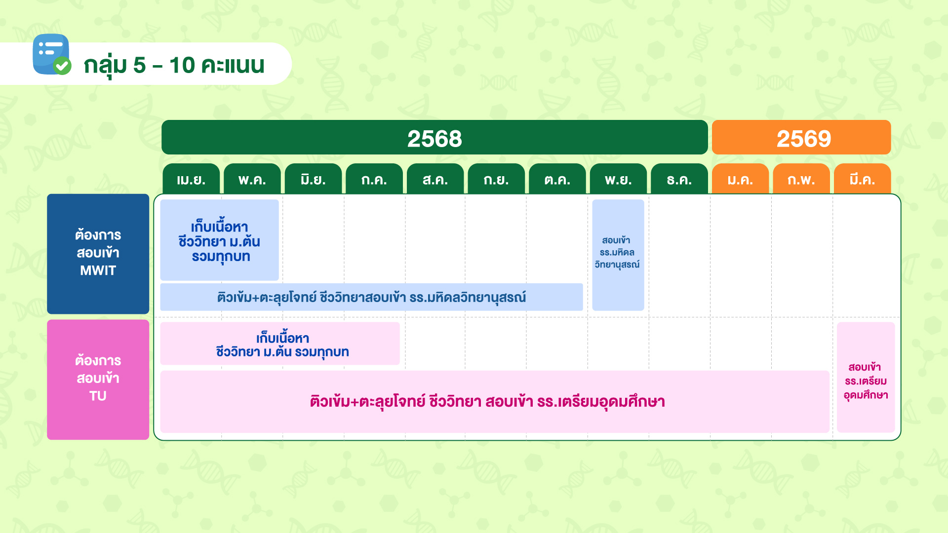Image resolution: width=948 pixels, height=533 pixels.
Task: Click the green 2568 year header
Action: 434,137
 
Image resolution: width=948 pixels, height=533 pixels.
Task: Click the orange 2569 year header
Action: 801,137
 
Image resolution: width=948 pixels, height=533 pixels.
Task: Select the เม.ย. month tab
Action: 191,179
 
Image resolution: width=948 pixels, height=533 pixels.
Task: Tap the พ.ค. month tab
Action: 252,179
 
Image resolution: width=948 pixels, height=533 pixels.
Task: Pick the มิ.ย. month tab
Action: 313,179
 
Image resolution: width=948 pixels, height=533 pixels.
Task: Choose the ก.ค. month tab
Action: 374,179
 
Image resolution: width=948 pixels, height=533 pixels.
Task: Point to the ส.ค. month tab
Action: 435,179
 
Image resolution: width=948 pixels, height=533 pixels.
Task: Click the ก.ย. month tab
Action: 496,179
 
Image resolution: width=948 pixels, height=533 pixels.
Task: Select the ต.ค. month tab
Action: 557,179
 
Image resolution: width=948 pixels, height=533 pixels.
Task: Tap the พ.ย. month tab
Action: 618,179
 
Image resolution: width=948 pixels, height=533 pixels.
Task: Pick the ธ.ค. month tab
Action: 679,179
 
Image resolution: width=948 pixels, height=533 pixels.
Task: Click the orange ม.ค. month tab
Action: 740,179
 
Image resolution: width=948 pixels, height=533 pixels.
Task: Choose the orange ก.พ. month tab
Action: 801,179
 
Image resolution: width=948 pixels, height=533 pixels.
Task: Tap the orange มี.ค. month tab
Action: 863,179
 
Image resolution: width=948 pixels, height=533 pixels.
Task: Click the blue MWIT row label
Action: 98,254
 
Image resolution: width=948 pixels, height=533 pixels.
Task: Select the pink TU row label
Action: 98,380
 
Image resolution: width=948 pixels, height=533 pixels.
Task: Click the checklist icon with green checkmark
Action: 52,54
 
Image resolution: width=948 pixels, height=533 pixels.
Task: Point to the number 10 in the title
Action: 182,65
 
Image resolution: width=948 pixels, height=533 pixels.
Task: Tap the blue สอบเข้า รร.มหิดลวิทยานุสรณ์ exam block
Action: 618,255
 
